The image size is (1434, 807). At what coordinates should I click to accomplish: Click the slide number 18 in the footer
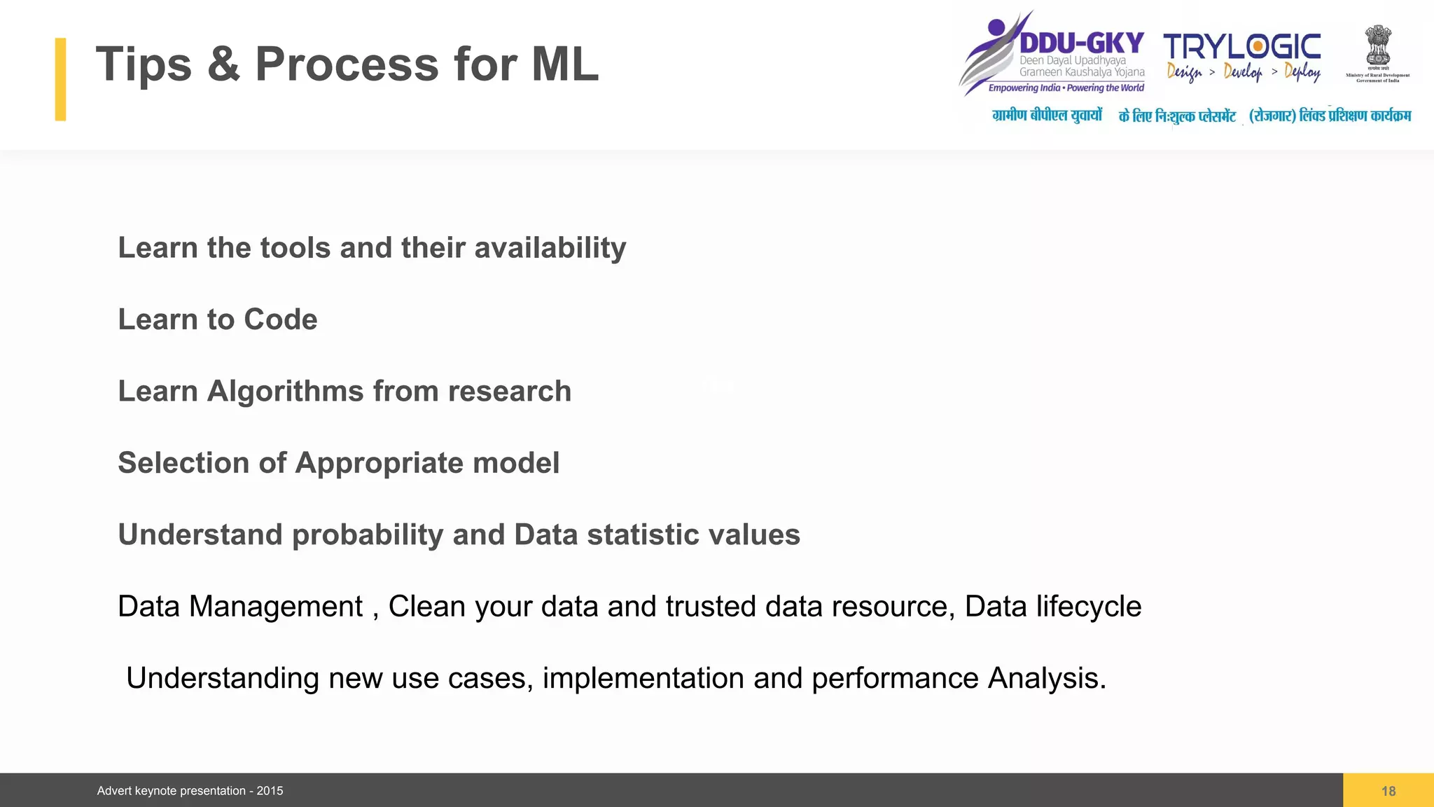pyautogui.click(x=1388, y=791)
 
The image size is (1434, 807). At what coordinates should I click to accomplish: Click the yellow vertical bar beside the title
pyautogui.click(x=61, y=79)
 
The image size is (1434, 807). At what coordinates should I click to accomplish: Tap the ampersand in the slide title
pyautogui.click(x=223, y=64)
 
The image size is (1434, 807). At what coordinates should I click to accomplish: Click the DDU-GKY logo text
pyautogui.click(x=1081, y=43)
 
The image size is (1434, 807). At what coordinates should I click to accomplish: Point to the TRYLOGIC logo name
pyautogui.click(x=1242, y=47)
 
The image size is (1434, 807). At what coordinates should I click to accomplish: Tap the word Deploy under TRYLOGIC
pyautogui.click(x=1302, y=71)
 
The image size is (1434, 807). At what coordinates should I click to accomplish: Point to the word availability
pyautogui.click(x=550, y=248)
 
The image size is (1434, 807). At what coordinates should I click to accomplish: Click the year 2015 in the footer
pyautogui.click(x=270, y=791)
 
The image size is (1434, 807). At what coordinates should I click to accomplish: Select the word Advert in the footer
pyautogui.click(x=114, y=791)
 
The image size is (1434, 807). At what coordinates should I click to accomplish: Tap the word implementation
pyautogui.click(x=643, y=678)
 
